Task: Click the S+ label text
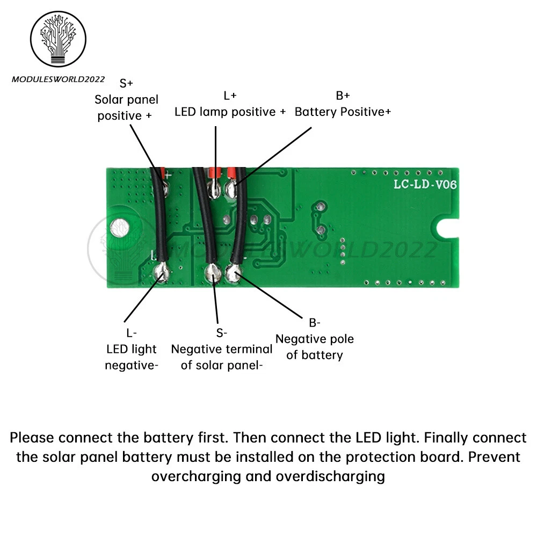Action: [x=126, y=83]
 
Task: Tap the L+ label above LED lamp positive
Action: [x=230, y=96]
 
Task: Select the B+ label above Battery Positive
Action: [x=343, y=96]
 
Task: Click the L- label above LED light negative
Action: [x=132, y=333]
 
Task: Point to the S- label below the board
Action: [x=222, y=333]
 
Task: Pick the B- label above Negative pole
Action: [x=314, y=323]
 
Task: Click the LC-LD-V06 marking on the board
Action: [x=425, y=185]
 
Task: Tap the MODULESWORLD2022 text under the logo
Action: [x=59, y=79]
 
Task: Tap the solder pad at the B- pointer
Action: [x=234, y=274]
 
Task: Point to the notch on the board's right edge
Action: [x=448, y=227]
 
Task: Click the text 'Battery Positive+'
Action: [x=343, y=112]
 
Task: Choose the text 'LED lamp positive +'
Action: [x=230, y=112]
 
